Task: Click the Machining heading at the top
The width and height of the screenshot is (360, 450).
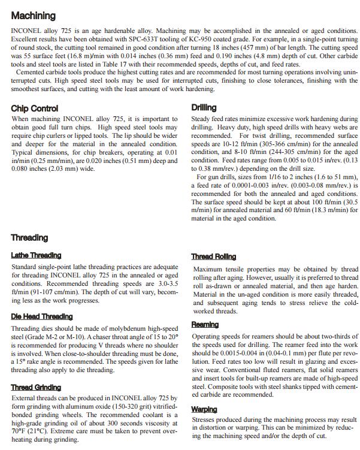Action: coord(33,16)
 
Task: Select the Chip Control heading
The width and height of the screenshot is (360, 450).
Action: coord(35,108)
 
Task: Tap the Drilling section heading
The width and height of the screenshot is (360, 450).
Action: coord(204,108)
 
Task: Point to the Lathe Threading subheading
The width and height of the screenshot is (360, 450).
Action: coord(36,255)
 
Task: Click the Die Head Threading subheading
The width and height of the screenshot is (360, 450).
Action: coord(42,316)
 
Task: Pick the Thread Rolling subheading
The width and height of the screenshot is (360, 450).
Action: coord(214,256)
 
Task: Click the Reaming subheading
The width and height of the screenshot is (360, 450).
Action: coord(205,324)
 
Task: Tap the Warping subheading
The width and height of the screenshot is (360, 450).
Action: coord(204,409)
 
